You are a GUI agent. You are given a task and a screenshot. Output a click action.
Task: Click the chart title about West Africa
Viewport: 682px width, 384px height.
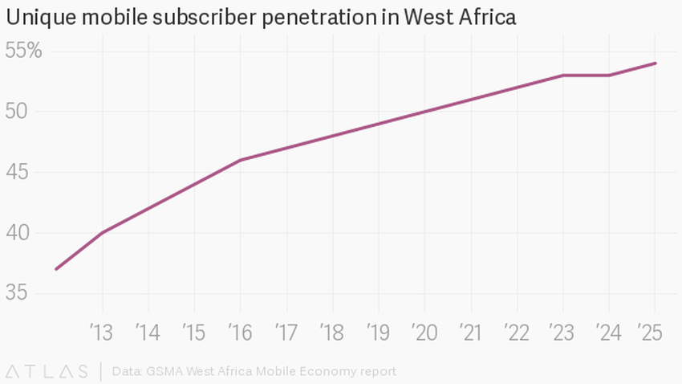(x=261, y=16)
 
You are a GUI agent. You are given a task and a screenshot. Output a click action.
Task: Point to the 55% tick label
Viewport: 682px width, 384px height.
(x=23, y=51)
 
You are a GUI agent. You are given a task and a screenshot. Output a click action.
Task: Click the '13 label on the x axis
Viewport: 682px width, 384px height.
(x=102, y=333)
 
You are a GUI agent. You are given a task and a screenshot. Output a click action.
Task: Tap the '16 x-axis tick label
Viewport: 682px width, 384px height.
(x=240, y=333)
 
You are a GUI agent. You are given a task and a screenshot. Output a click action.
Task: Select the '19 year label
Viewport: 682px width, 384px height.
(x=378, y=333)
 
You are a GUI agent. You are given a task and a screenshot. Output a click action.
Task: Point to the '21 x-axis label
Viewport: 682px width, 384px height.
(x=470, y=333)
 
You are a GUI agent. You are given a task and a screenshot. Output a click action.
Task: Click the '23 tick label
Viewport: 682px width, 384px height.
(x=562, y=333)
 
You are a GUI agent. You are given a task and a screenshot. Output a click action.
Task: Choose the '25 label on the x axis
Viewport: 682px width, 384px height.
(x=653, y=333)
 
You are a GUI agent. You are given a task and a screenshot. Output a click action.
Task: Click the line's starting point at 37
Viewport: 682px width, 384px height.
(x=56, y=269)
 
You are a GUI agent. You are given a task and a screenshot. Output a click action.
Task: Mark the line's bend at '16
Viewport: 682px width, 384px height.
(x=241, y=160)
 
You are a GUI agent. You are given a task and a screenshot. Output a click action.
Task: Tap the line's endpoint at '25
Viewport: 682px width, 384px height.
(x=656, y=63)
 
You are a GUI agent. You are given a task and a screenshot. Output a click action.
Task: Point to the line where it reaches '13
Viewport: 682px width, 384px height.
(x=103, y=232)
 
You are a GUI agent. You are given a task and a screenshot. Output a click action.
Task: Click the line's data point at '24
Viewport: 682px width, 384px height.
(x=610, y=76)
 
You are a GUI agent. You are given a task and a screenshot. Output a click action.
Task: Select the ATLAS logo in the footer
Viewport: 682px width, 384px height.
(x=47, y=371)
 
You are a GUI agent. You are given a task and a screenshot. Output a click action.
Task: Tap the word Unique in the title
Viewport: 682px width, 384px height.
(x=38, y=16)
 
